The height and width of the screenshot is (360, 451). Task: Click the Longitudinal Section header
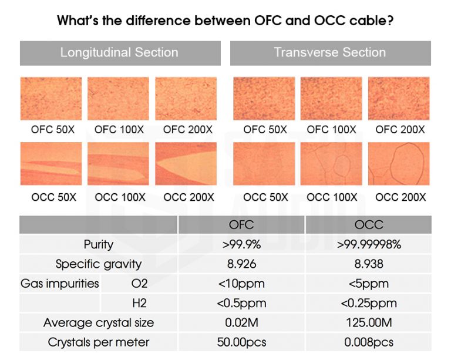pyautogui.click(x=119, y=52)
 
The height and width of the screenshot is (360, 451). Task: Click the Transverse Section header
pyautogui.click(x=329, y=52)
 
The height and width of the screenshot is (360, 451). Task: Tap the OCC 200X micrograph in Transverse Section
pyautogui.click(x=399, y=163)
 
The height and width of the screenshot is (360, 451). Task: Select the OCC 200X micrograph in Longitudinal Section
pyautogui.click(x=186, y=163)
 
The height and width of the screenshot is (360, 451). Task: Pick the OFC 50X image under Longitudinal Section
pyautogui.click(x=51, y=98)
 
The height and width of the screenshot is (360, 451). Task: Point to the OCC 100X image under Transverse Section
pyautogui.click(x=331, y=163)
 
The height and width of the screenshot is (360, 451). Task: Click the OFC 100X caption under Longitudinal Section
pyautogui.click(x=119, y=129)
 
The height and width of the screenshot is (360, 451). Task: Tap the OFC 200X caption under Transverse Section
pyautogui.click(x=399, y=129)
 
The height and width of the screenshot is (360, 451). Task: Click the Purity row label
pyautogui.click(x=98, y=244)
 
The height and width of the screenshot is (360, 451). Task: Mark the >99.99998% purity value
pyautogui.click(x=369, y=245)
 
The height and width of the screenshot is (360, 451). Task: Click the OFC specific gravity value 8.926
pyautogui.click(x=241, y=264)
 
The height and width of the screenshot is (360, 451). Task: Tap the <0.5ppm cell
pyautogui.click(x=241, y=303)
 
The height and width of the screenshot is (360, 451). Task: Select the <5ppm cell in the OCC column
pyautogui.click(x=369, y=284)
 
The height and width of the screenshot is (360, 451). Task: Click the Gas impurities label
pyautogui.click(x=60, y=284)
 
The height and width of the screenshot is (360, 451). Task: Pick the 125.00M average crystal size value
pyautogui.click(x=369, y=322)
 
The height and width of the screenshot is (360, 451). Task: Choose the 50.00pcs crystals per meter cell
pyautogui.click(x=241, y=342)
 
